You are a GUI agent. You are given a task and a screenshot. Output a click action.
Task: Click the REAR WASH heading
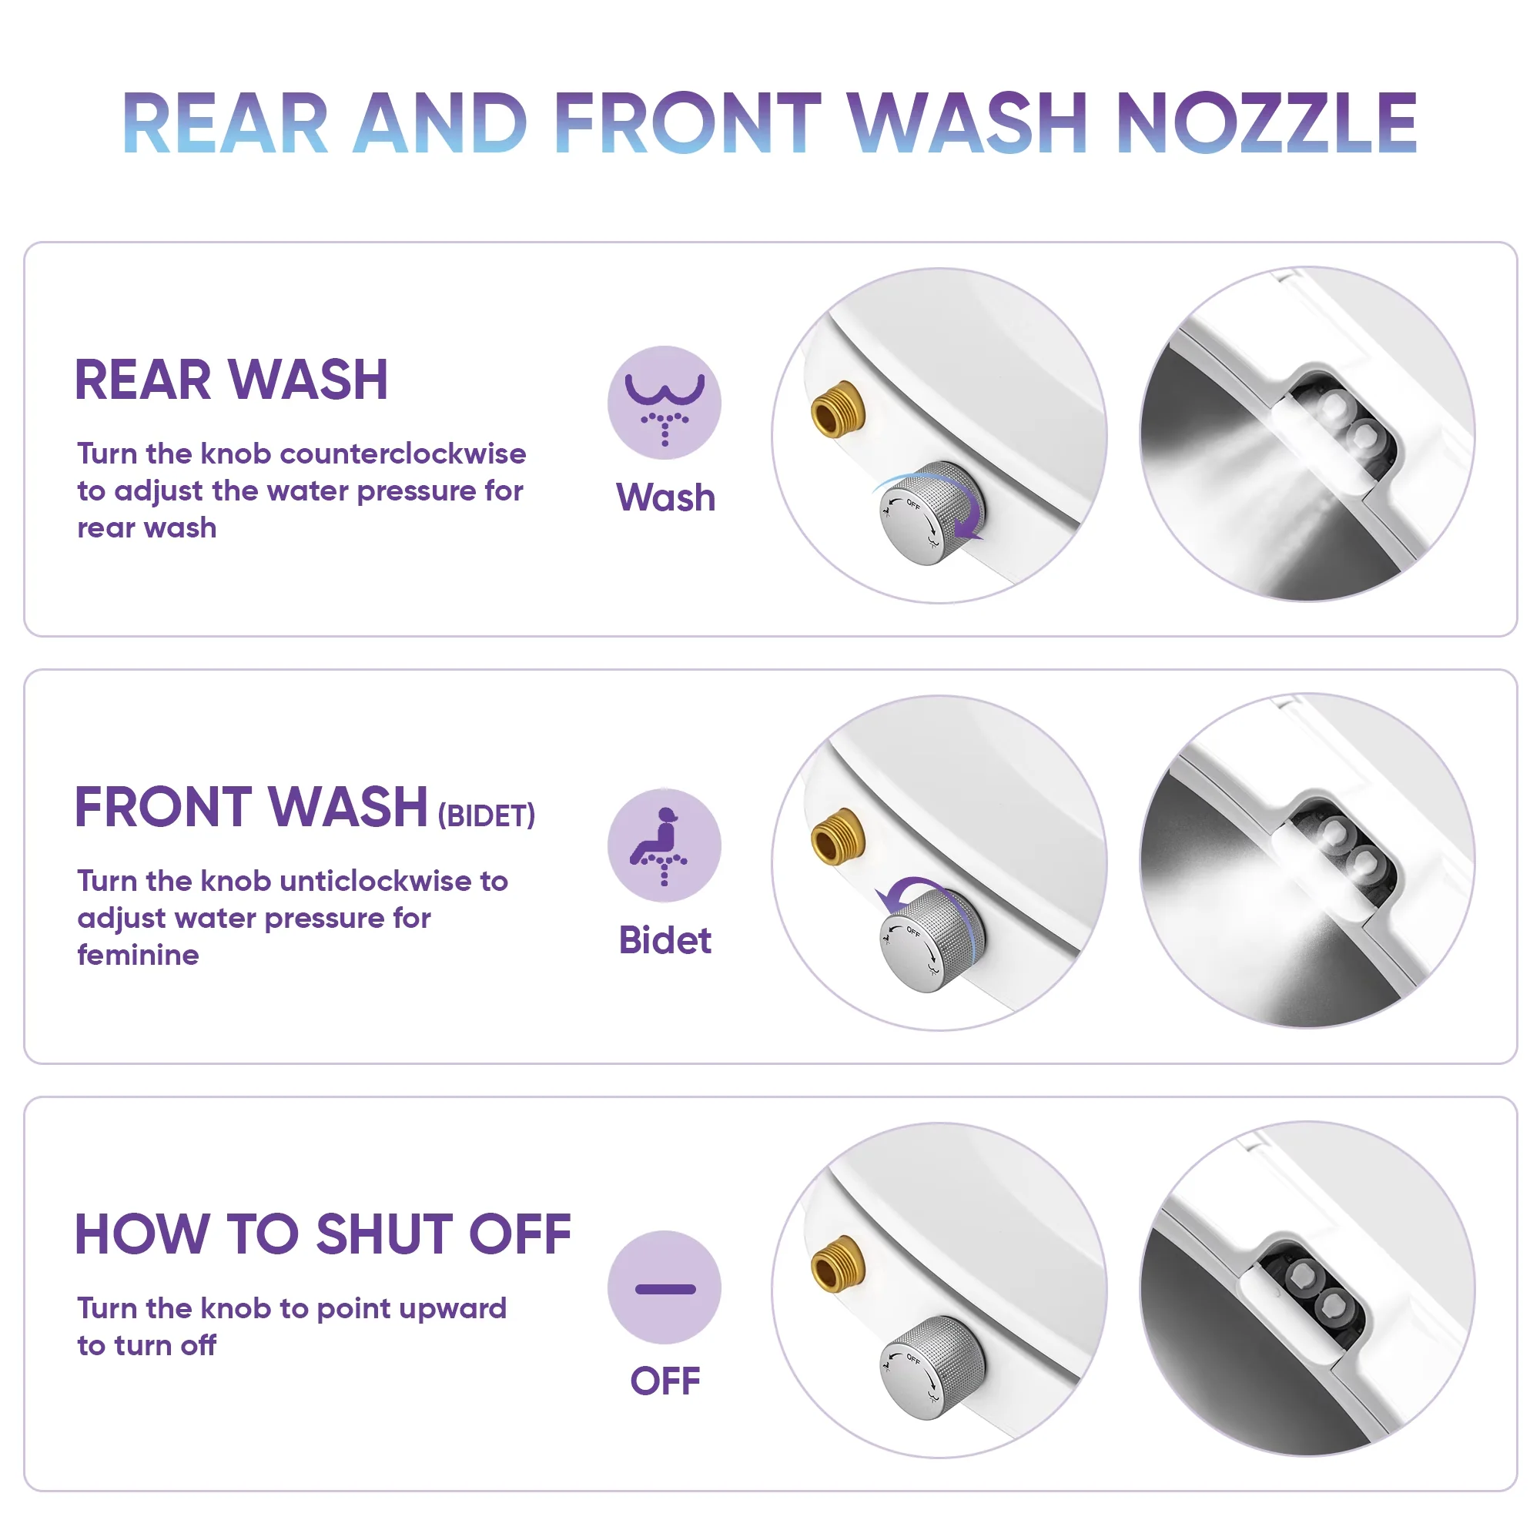231,380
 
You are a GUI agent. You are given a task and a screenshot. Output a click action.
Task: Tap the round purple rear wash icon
664,403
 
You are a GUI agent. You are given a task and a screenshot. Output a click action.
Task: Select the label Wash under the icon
665,497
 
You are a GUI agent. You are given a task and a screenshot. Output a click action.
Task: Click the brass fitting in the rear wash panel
838,409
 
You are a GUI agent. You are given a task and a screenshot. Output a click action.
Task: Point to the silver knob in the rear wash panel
932,514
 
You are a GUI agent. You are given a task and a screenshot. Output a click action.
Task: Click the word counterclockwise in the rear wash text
403,454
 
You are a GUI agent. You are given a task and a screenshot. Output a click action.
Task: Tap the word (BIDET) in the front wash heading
486,815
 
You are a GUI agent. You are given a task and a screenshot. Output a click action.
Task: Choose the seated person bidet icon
664,845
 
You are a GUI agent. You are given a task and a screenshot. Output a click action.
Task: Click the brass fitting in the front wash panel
838,835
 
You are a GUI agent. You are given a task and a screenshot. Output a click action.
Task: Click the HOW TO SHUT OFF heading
323,1234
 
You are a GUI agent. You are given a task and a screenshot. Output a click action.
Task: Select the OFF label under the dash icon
665,1381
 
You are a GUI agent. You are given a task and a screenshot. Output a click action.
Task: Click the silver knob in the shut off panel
932,1368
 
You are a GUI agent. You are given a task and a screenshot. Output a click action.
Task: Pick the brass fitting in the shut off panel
838,1263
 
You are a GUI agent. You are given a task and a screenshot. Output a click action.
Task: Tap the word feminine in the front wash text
138,954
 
